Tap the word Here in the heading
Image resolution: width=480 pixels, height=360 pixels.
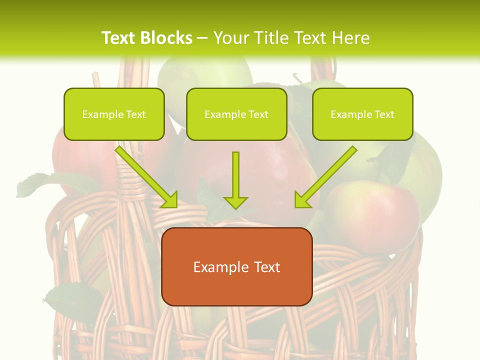click(350, 38)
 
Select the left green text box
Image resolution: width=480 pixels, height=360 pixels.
click(114, 114)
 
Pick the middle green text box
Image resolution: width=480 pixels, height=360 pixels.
click(236, 114)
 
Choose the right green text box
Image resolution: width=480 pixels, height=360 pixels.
click(362, 114)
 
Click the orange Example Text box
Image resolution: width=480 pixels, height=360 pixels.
click(236, 266)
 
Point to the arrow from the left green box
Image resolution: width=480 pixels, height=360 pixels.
click(146, 176)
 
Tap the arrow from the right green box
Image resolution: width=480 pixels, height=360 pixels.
click(326, 176)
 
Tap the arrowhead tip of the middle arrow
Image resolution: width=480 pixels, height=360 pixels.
click(235, 207)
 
